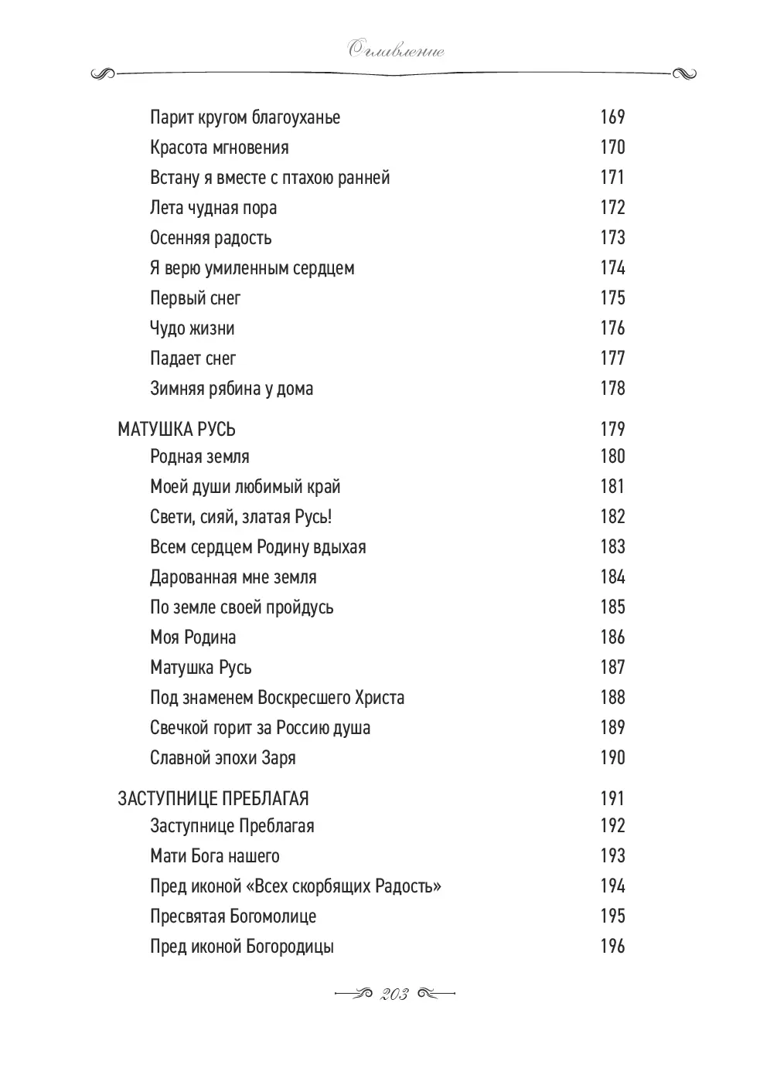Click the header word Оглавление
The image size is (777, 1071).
pos(395,51)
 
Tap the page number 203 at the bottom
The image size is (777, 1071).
pos(394,994)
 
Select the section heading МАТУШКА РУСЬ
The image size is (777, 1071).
pos(176,429)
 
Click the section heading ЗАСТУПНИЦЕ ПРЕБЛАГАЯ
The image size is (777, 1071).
pos(213,798)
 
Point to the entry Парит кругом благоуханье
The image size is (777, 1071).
pos(245,117)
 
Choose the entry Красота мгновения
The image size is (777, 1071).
pos(219,148)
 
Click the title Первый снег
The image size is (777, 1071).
pos(195,298)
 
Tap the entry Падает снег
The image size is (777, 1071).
pos(193,359)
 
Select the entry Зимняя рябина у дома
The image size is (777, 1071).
pos(231,389)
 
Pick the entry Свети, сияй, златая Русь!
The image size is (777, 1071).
pos(240,517)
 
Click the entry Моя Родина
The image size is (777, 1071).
pos(193,637)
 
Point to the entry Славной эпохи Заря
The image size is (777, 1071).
pos(223,758)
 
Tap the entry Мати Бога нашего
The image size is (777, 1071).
pos(214,856)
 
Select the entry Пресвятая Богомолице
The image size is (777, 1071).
pos(233,916)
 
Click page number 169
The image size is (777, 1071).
pos(612,117)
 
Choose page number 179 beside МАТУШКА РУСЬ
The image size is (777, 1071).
pos(612,429)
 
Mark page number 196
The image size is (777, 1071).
pos(612,946)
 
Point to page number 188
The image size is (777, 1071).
pos(612,697)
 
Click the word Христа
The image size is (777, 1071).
pos(378,698)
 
